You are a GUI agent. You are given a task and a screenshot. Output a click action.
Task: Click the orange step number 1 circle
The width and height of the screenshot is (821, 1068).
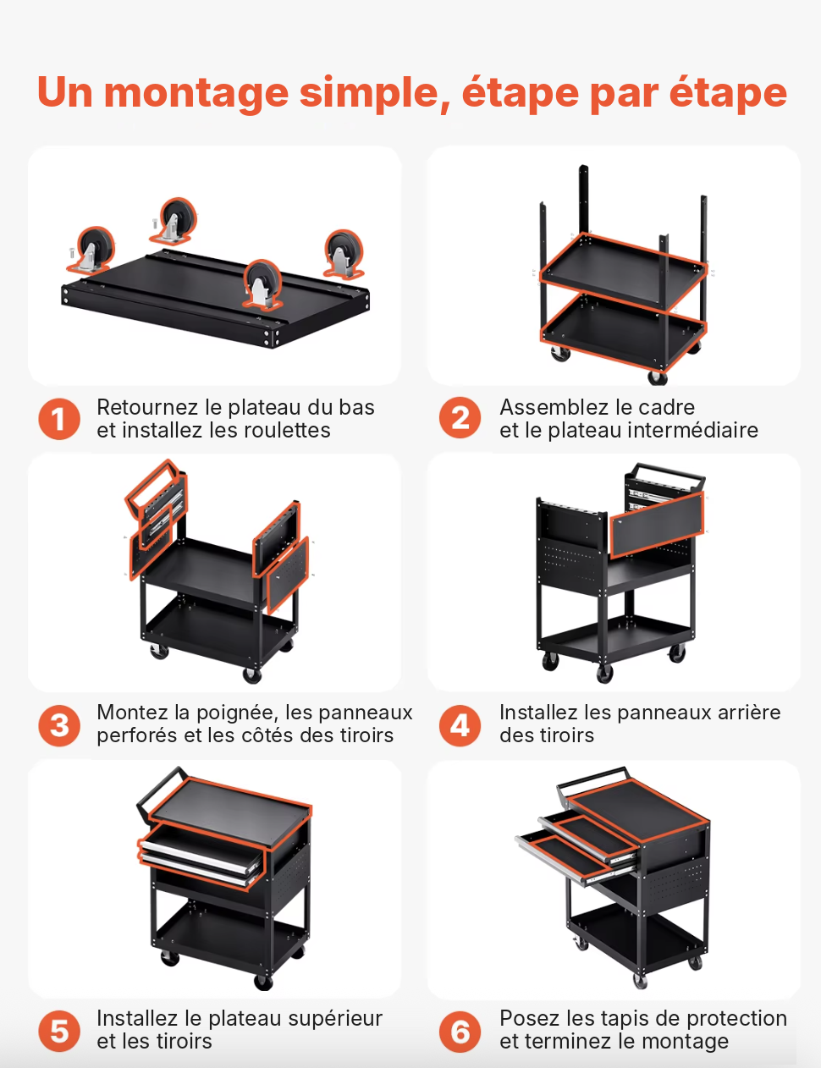click(59, 419)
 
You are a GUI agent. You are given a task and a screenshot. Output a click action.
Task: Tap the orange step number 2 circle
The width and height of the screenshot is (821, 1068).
click(460, 418)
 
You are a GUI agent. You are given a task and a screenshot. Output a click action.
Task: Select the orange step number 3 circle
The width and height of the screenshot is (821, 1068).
click(59, 725)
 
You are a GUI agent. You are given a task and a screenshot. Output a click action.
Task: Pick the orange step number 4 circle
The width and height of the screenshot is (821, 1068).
click(460, 725)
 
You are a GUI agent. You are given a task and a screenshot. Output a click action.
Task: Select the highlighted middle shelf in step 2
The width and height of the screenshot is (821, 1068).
click(623, 272)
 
